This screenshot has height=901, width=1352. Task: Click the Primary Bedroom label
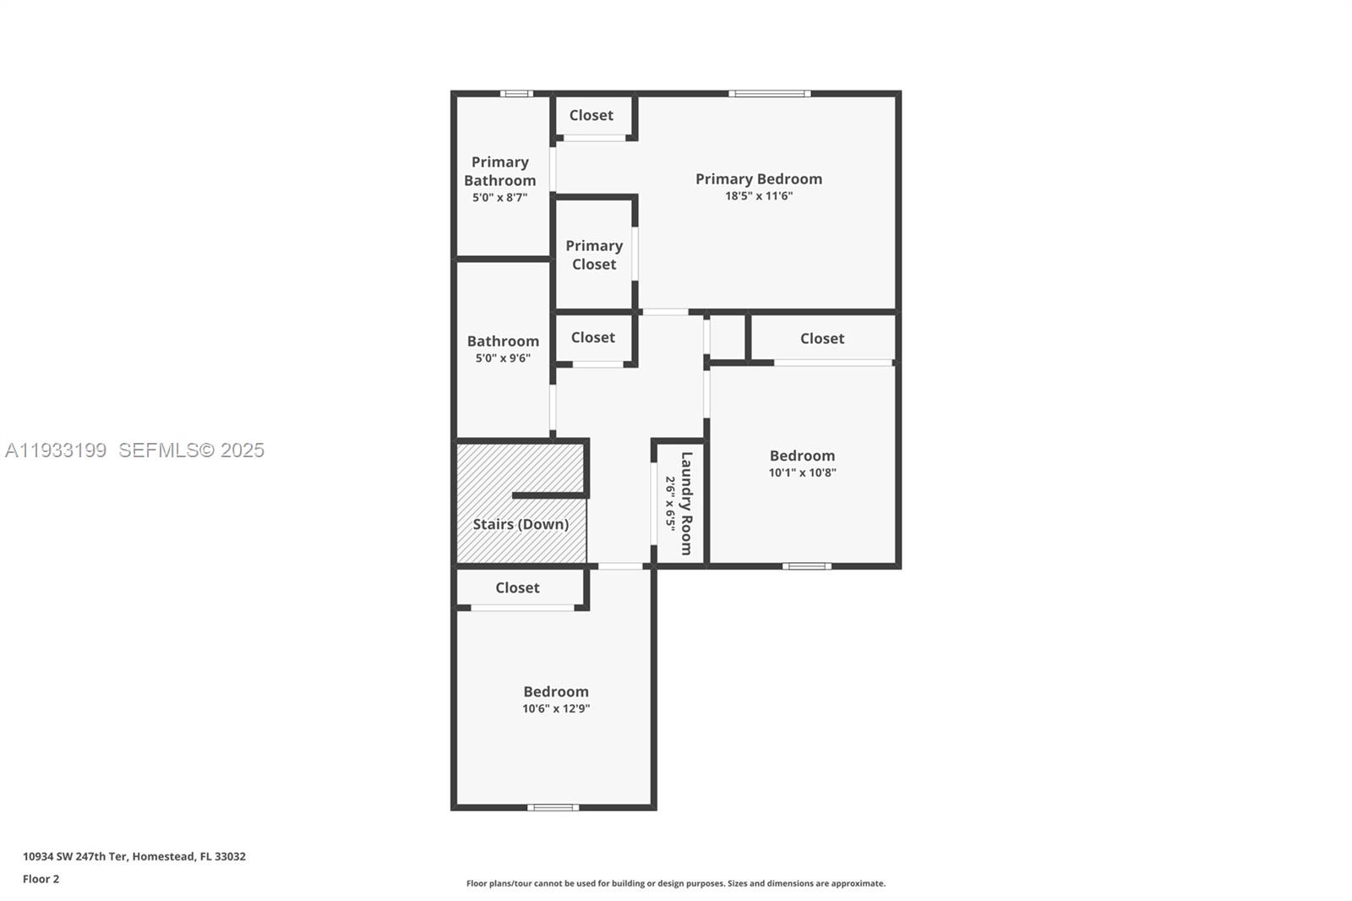(758, 178)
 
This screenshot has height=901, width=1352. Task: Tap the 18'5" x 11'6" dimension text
(758, 196)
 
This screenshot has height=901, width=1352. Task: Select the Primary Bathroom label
(499, 171)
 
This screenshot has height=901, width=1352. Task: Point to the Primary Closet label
(594, 254)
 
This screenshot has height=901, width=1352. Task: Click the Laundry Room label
(685, 503)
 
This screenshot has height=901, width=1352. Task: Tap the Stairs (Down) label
(521, 524)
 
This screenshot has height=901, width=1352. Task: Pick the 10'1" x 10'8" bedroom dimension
(802, 472)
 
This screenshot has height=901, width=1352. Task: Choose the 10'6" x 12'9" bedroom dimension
(555, 708)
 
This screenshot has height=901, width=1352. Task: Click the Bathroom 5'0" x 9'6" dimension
(503, 358)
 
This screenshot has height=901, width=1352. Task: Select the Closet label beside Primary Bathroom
(591, 115)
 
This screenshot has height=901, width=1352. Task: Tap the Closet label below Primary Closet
(592, 337)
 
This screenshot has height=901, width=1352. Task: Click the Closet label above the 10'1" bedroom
(821, 338)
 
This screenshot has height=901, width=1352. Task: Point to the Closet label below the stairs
(517, 587)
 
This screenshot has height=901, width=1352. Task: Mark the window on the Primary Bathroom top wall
(515, 94)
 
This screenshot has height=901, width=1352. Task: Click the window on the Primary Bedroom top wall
(769, 94)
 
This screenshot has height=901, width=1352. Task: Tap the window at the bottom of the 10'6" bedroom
(553, 807)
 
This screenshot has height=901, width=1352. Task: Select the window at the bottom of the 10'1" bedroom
(806, 565)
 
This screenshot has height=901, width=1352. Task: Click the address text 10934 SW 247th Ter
(134, 856)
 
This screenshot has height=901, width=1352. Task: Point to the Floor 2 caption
(41, 879)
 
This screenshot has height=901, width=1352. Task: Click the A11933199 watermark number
(56, 450)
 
